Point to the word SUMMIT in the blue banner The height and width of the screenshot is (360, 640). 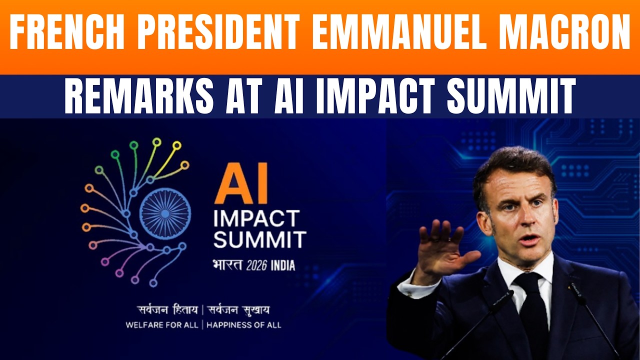point(510,96)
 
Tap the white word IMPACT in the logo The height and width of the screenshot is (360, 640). point(256,218)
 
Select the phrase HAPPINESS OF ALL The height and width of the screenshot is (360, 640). point(243,325)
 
